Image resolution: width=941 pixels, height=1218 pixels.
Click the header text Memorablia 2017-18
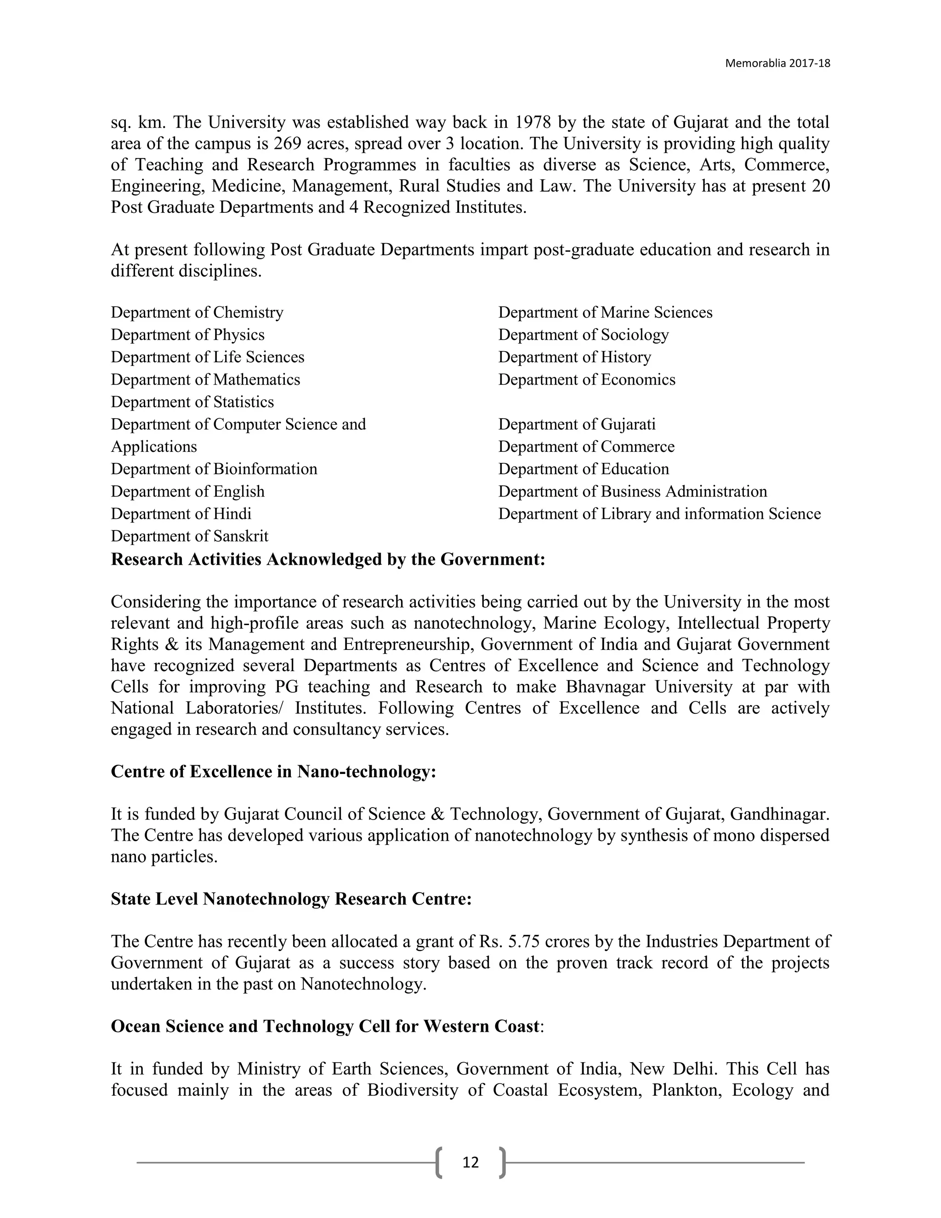point(777,63)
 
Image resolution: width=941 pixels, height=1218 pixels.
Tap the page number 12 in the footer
point(470,1162)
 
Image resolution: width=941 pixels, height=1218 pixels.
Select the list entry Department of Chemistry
point(197,312)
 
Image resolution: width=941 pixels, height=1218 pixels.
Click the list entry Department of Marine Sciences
point(605,312)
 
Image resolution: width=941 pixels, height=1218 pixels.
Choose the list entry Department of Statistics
point(193,402)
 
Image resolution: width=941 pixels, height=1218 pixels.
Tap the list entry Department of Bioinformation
point(214,469)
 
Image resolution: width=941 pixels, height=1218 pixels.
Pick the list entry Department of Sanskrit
point(190,536)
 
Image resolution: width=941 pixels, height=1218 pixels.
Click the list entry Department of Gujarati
point(577,424)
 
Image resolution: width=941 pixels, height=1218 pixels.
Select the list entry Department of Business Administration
point(632,491)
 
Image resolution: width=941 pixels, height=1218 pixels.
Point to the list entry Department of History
point(574,357)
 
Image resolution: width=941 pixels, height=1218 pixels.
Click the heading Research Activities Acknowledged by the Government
point(328,559)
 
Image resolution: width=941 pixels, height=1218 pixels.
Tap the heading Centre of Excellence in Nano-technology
point(273,771)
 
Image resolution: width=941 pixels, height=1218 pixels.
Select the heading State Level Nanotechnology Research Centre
point(291,899)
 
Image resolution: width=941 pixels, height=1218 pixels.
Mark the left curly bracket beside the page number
point(439,1162)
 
